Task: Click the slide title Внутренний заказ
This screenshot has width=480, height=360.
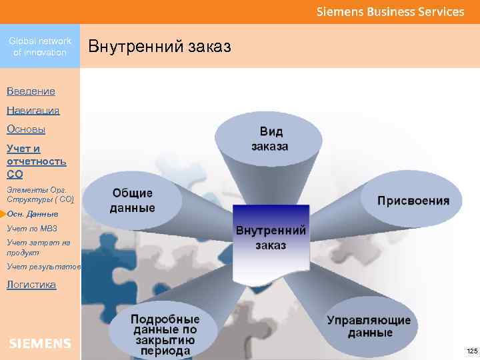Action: coord(159,47)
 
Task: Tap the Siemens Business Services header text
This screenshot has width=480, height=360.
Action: coord(390,11)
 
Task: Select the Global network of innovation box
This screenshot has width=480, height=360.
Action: coord(40,47)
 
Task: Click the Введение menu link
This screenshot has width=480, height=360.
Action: coord(31,91)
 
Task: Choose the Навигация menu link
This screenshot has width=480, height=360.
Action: coord(33,110)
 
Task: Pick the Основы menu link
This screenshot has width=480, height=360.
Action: coord(26,129)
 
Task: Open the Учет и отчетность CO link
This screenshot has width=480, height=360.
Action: coord(36,161)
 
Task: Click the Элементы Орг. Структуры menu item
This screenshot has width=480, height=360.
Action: coord(41,194)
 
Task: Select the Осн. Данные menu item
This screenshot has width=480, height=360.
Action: coord(33,214)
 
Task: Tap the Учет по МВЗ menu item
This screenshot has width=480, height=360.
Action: coord(32,229)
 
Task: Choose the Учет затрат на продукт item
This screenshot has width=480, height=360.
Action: coord(38,247)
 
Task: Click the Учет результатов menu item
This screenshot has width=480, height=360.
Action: coord(43,267)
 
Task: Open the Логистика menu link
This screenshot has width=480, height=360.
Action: coord(31,285)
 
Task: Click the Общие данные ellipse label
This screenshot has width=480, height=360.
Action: coord(133,200)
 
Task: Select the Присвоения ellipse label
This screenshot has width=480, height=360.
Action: coord(413,200)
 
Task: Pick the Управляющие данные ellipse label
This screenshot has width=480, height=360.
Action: coord(369,326)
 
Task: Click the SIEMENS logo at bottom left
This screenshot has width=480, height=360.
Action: coord(40,343)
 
